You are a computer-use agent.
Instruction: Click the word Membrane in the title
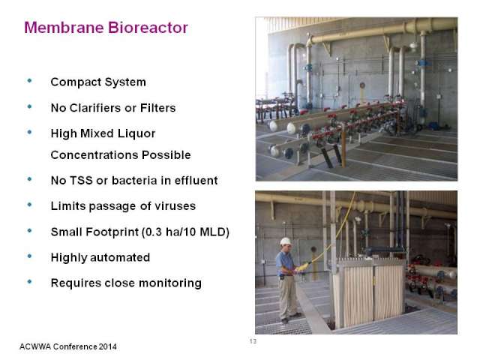coord(64,28)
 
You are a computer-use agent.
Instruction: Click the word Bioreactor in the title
coord(148,28)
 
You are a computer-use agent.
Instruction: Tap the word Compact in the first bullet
coord(76,82)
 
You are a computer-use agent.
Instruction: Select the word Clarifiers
coord(95,108)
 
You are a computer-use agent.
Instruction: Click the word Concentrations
coord(94,155)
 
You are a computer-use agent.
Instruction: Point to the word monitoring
coord(170,283)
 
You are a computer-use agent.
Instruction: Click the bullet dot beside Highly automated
coord(30,256)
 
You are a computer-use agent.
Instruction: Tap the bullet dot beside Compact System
coord(30,80)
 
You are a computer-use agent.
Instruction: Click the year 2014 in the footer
coord(108,346)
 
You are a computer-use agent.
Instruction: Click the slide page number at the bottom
coord(253,341)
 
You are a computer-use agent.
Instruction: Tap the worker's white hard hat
coord(286,241)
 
